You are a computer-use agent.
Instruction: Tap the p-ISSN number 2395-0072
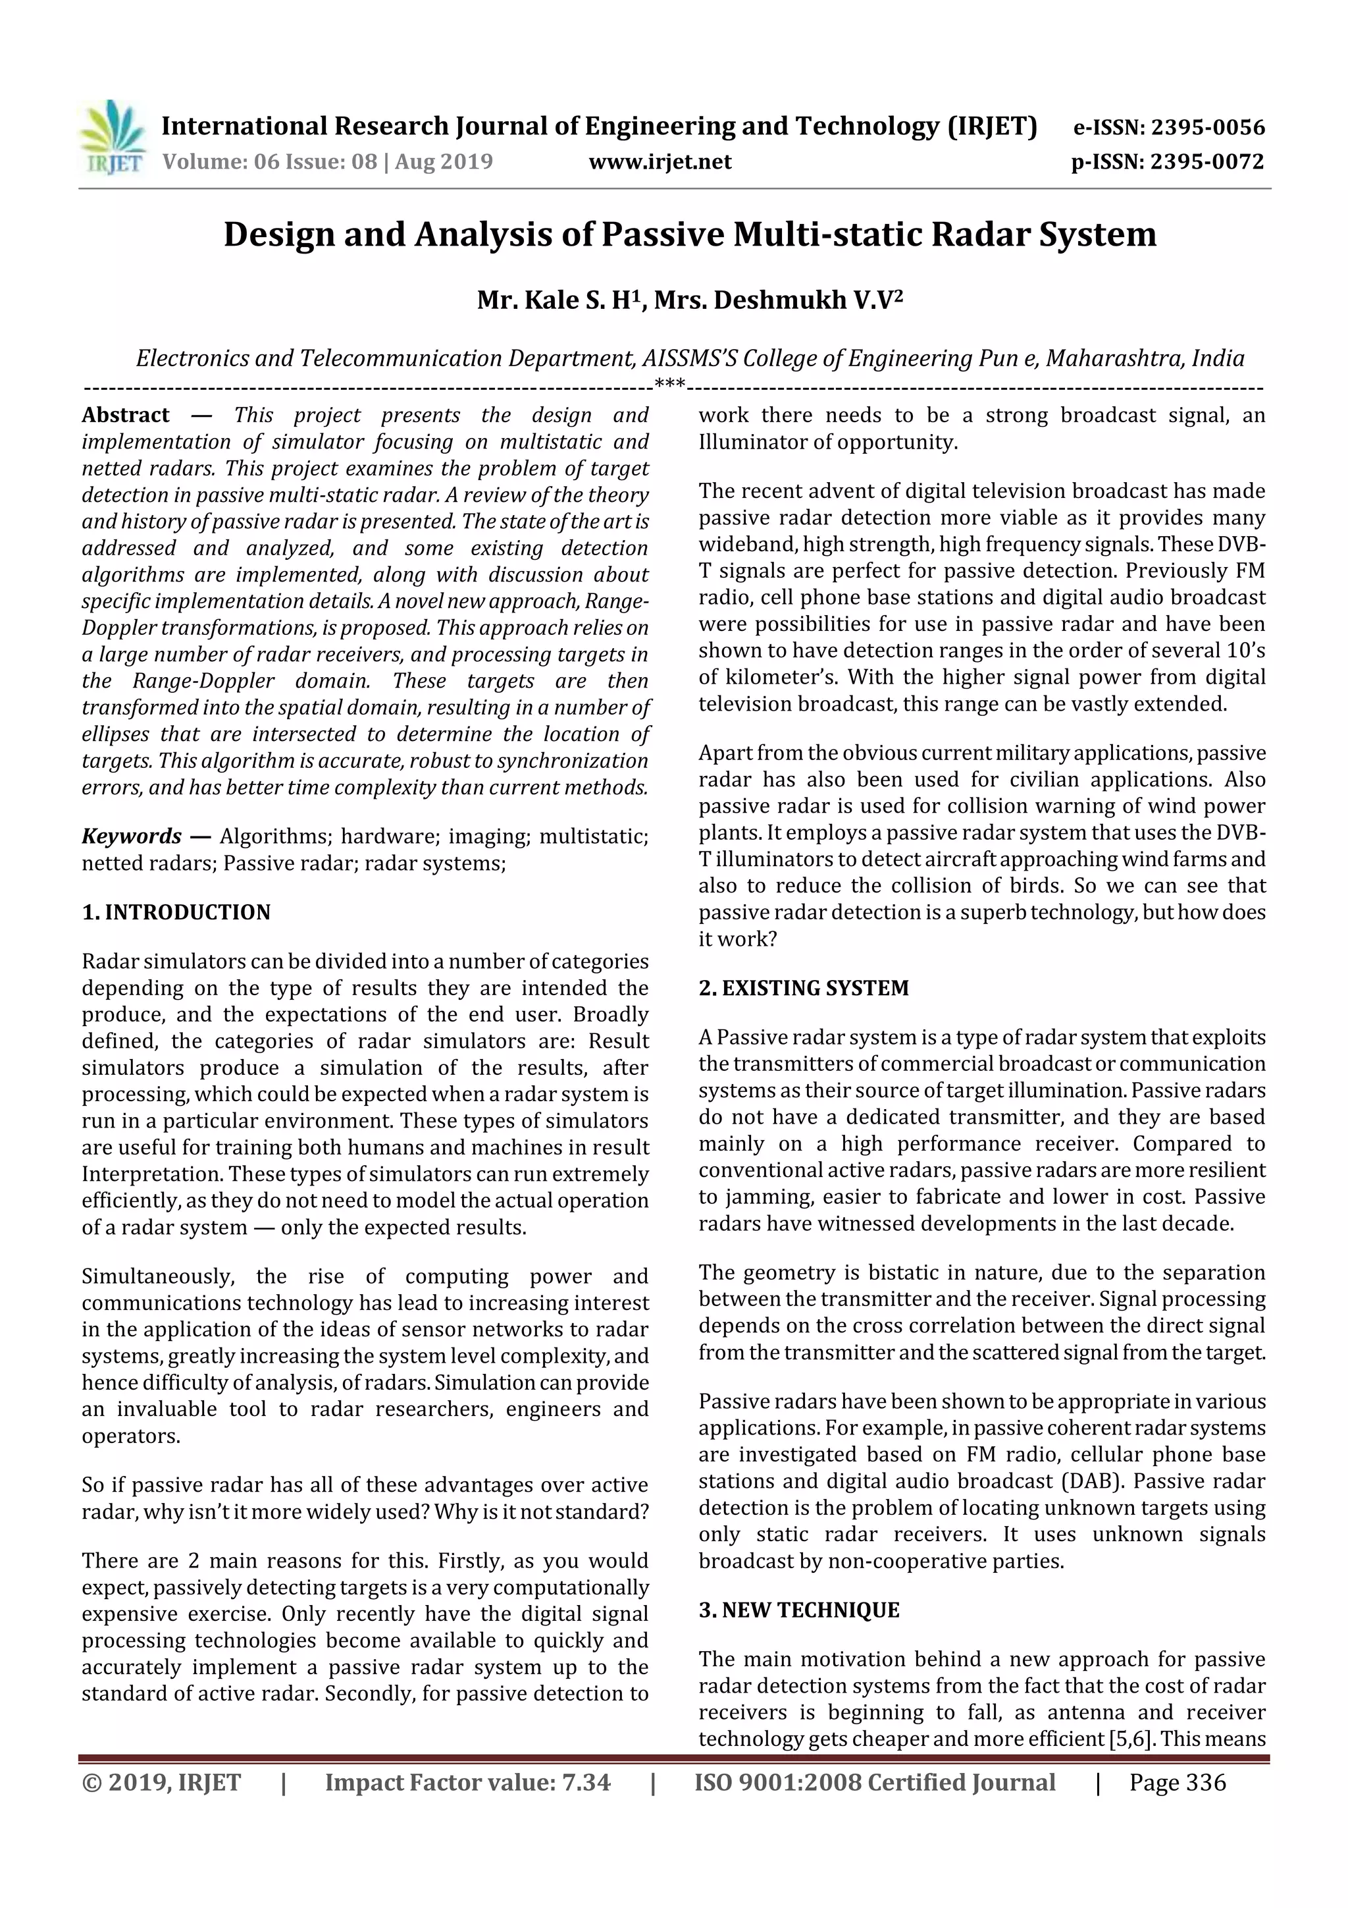click(x=1208, y=161)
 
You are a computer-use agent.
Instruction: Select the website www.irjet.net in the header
click(x=660, y=161)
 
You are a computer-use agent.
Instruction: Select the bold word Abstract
click(x=126, y=415)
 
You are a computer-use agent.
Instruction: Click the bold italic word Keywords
click(x=131, y=836)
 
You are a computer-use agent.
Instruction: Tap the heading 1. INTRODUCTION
click(x=176, y=912)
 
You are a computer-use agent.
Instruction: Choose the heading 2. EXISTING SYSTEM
click(x=803, y=988)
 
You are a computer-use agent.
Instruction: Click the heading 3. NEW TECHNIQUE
click(x=798, y=1610)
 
